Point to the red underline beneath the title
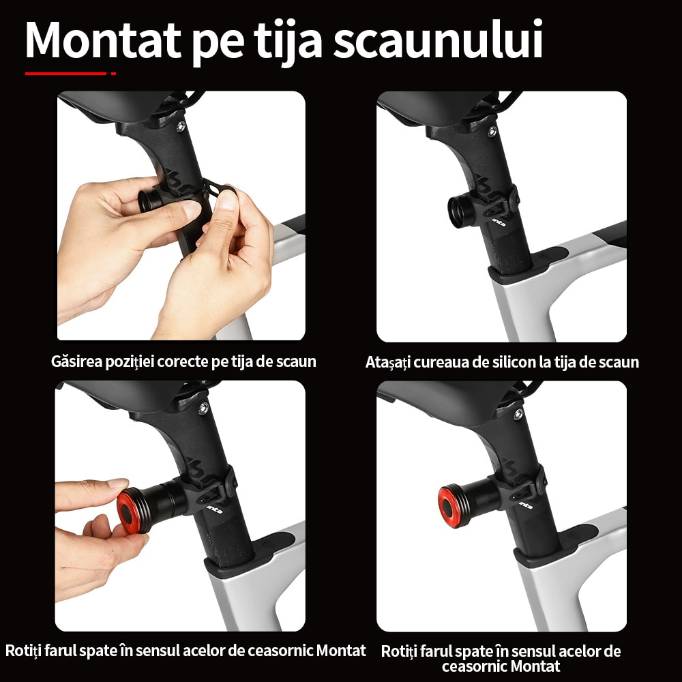click(x=70, y=74)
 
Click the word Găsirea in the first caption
click(x=76, y=361)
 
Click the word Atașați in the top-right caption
click(x=387, y=362)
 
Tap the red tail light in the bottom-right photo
click(x=453, y=507)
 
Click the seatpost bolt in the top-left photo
click(x=180, y=127)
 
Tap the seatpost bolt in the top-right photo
click(x=492, y=131)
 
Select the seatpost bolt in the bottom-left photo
click(x=203, y=409)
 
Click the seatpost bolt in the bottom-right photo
click(x=518, y=414)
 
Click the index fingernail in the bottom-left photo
click(x=118, y=483)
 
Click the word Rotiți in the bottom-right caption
click(x=398, y=651)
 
